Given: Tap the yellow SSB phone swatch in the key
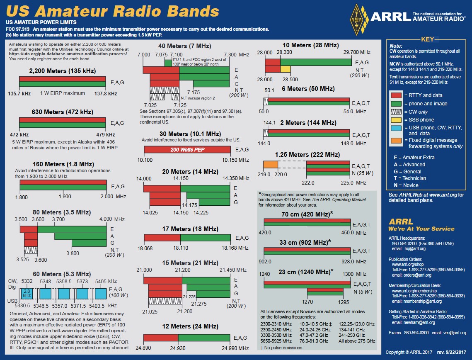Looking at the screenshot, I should click(396, 119).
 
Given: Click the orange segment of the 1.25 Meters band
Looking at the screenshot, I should click(271, 164).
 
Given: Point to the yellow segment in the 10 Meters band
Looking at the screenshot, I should click(286, 68).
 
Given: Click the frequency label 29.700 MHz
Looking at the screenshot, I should click(357, 52).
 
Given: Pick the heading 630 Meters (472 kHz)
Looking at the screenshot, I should click(62, 112).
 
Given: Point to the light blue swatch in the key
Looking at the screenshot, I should click(396, 128).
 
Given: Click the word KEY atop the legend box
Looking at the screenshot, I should click(427, 39).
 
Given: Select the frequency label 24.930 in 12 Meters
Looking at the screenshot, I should click(178, 348).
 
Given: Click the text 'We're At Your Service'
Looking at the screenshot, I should click(421, 229).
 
